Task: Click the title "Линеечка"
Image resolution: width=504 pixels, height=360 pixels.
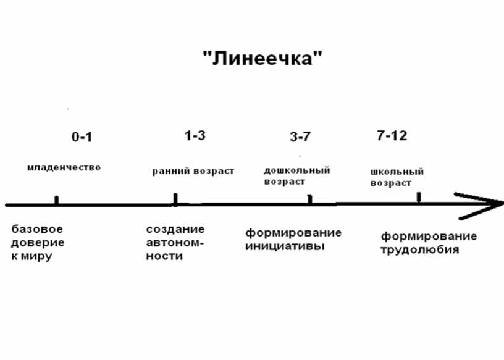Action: pyautogui.click(x=262, y=58)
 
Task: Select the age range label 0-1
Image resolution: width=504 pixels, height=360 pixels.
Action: pyautogui.click(x=82, y=137)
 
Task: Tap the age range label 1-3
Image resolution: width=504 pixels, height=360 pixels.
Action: pyautogui.click(x=195, y=135)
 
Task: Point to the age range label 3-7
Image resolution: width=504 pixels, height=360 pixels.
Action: pyautogui.click(x=300, y=136)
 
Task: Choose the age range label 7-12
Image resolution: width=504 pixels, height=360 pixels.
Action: pyautogui.click(x=392, y=135)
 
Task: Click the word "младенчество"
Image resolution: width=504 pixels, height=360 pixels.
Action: pyautogui.click(x=64, y=167)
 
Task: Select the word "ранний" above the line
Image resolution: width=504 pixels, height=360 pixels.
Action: pyautogui.click(x=171, y=171)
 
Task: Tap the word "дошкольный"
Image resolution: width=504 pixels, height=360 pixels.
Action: pyautogui.click(x=297, y=170)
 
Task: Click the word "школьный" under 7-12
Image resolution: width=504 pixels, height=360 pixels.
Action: pyautogui.click(x=397, y=172)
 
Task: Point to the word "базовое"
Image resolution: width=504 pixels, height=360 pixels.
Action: pyautogui.click(x=37, y=229)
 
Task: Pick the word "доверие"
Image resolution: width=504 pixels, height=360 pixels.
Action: pyautogui.click(x=38, y=243)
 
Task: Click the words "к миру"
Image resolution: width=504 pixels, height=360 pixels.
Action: pyautogui.click(x=32, y=256)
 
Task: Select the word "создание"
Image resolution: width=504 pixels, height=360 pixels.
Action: pyautogui.click(x=175, y=229)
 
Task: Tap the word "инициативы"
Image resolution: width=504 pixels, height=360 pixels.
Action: pyautogui.click(x=285, y=246)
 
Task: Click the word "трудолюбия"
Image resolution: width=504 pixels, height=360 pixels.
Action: pyautogui.click(x=420, y=249)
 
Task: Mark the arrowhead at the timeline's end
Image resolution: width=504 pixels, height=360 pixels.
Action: pyautogui.click(x=503, y=204)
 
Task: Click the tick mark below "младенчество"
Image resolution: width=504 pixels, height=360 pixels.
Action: pyautogui.click(x=57, y=200)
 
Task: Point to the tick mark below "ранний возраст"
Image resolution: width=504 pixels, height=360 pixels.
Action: pyautogui.click(x=175, y=199)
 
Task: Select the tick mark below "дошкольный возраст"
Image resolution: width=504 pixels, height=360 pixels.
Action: pyautogui.click(x=310, y=199)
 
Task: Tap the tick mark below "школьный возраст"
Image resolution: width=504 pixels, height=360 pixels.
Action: pyautogui.click(x=419, y=198)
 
